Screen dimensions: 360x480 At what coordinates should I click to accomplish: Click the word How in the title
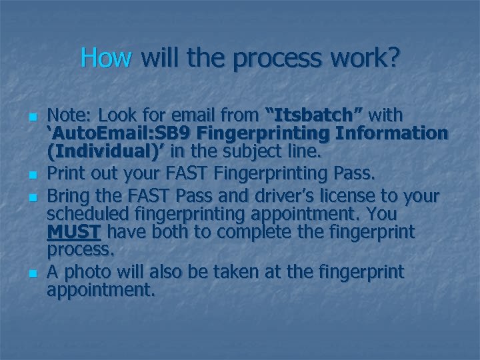105,58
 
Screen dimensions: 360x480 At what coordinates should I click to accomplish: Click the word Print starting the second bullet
69,175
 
